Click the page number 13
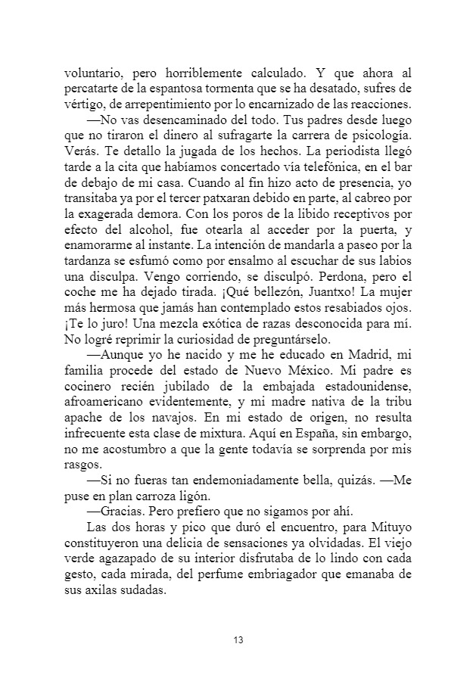pos(238,641)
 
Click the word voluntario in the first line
pos(88,74)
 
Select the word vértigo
pos(80,104)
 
